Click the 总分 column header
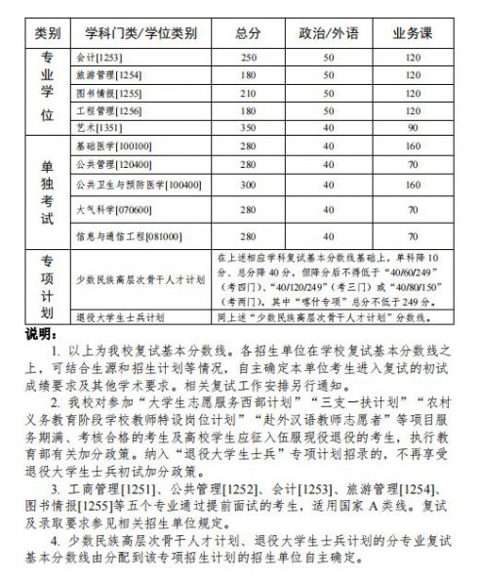click(x=247, y=32)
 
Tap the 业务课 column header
click(x=413, y=32)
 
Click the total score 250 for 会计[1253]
click(x=247, y=58)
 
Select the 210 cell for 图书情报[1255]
click(x=247, y=93)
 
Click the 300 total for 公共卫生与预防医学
click(x=247, y=185)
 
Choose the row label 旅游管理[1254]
click(x=108, y=75)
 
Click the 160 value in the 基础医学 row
click(x=413, y=144)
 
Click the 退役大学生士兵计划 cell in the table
click(x=120, y=317)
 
